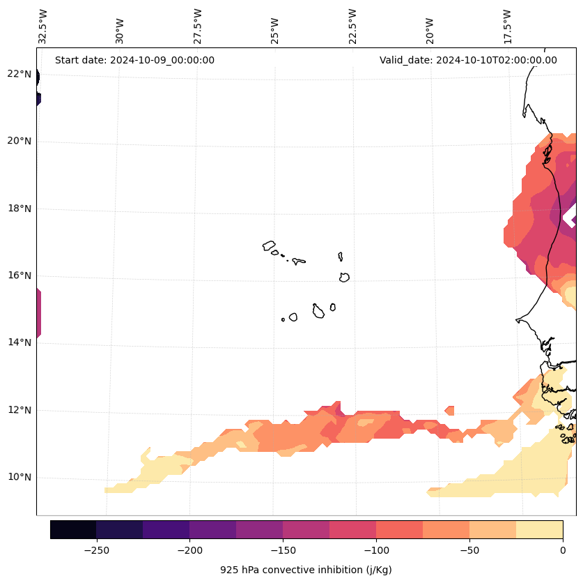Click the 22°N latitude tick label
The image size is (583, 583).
[19, 74]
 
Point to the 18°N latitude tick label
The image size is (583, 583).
[19, 209]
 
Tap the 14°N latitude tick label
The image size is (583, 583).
[19, 342]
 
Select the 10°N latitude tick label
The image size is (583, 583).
[19, 478]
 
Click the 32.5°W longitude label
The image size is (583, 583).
[43, 25]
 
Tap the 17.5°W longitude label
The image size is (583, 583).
[507, 25]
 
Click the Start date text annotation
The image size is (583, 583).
[134, 60]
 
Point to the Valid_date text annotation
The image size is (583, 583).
[468, 60]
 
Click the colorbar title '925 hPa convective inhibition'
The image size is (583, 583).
[306, 570]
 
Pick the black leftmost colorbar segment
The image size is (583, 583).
[73, 529]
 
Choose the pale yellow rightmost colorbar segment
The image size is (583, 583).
[539, 529]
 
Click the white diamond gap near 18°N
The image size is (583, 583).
[570, 217]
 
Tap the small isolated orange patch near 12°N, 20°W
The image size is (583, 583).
[449, 410]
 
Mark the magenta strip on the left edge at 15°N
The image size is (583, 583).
[38, 314]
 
